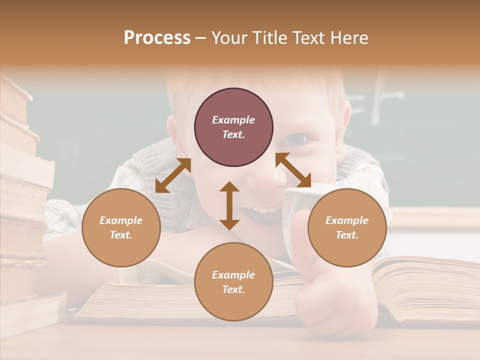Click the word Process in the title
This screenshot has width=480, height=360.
click(x=157, y=38)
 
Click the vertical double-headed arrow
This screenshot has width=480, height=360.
click(x=229, y=205)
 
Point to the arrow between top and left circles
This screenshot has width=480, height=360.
click(x=173, y=175)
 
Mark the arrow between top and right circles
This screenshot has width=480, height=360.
click(x=293, y=170)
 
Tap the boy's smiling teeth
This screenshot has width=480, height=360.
click(x=262, y=208)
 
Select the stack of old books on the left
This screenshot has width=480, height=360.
click(x=22, y=200)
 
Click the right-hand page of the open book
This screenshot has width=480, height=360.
click(x=425, y=285)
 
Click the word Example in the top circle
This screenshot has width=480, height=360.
click(x=233, y=120)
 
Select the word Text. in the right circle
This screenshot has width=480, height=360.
click(x=347, y=235)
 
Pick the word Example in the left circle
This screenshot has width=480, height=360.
click(x=121, y=220)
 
